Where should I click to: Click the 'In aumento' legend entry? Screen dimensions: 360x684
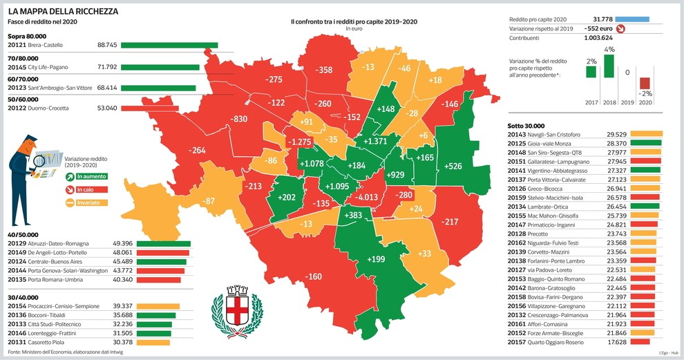click(x=83, y=177)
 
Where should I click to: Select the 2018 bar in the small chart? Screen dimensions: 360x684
click(x=609, y=66)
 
